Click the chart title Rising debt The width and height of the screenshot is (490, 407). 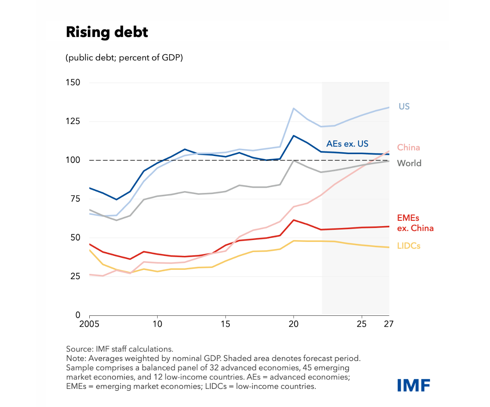click(x=107, y=32)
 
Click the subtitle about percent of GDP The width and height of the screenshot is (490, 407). click(x=124, y=58)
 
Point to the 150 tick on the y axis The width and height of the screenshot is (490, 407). click(x=73, y=83)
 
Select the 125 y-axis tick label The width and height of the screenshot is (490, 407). click(x=73, y=121)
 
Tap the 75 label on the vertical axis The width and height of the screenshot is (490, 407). click(x=75, y=199)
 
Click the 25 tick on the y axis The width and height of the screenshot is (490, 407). click(x=75, y=276)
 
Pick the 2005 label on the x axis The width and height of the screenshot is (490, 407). click(x=89, y=324)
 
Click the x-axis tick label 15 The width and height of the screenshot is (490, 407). click(x=225, y=324)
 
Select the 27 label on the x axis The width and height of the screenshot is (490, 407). click(x=389, y=324)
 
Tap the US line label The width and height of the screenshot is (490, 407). click(x=404, y=107)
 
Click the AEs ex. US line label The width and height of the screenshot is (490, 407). click(x=347, y=144)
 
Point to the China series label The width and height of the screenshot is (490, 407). click(x=408, y=148)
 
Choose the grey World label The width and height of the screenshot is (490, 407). click(x=409, y=164)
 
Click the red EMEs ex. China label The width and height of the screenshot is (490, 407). click(x=415, y=223)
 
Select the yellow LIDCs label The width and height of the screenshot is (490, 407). click(x=409, y=246)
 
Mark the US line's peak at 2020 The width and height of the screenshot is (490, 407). click(x=294, y=109)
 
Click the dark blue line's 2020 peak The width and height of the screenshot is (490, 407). click(x=294, y=136)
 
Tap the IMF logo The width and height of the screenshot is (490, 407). click(x=413, y=385)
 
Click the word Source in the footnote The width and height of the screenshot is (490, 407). click(x=79, y=349)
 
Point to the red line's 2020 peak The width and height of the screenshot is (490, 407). click(x=294, y=220)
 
